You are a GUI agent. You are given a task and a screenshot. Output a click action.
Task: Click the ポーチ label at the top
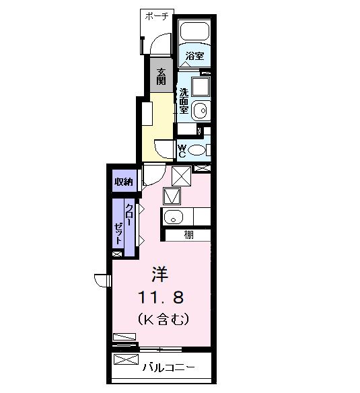tap(157, 16)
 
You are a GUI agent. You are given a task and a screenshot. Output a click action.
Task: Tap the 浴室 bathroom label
tap(195, 57)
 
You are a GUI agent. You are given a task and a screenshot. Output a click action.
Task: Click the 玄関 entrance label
tap(161, 75)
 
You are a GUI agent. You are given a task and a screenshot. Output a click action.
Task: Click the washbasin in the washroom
tap(200, 110)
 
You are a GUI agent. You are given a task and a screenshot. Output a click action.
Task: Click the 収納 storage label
tap(123, 182)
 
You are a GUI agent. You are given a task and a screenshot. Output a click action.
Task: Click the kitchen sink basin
tap(172, 217)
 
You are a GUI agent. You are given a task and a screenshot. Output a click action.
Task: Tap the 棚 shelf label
tap(190, 236)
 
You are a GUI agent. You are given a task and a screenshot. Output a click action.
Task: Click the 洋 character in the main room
tap(159, 275)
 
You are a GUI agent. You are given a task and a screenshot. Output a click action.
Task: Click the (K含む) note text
tap(162, 317)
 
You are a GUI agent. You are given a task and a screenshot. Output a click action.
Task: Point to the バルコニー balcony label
tap(170, 368)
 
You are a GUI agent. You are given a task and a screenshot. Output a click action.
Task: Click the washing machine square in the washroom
tap(200, 87)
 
